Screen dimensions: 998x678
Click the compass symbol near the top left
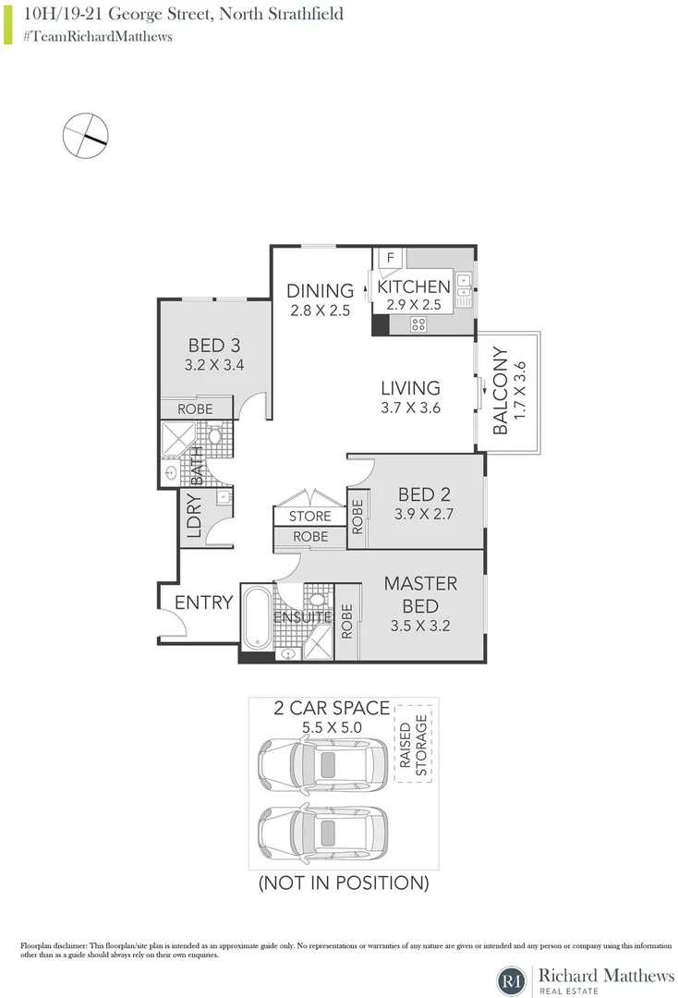[85, 136]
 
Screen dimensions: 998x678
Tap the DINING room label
[320, 290]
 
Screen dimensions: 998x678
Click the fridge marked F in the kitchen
[390, 258]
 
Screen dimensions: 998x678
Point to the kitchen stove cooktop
[418, 323]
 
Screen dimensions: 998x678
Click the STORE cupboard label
[309, 517]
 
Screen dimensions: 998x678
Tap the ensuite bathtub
[256, 619]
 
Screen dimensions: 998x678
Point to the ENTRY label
[203, 602]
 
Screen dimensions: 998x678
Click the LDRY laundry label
[194, 519]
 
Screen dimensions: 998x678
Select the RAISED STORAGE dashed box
[414, 743]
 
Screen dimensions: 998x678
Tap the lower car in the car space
[321, 829]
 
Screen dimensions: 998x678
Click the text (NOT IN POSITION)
[344, 882]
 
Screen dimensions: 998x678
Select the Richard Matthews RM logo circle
[511, 980]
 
